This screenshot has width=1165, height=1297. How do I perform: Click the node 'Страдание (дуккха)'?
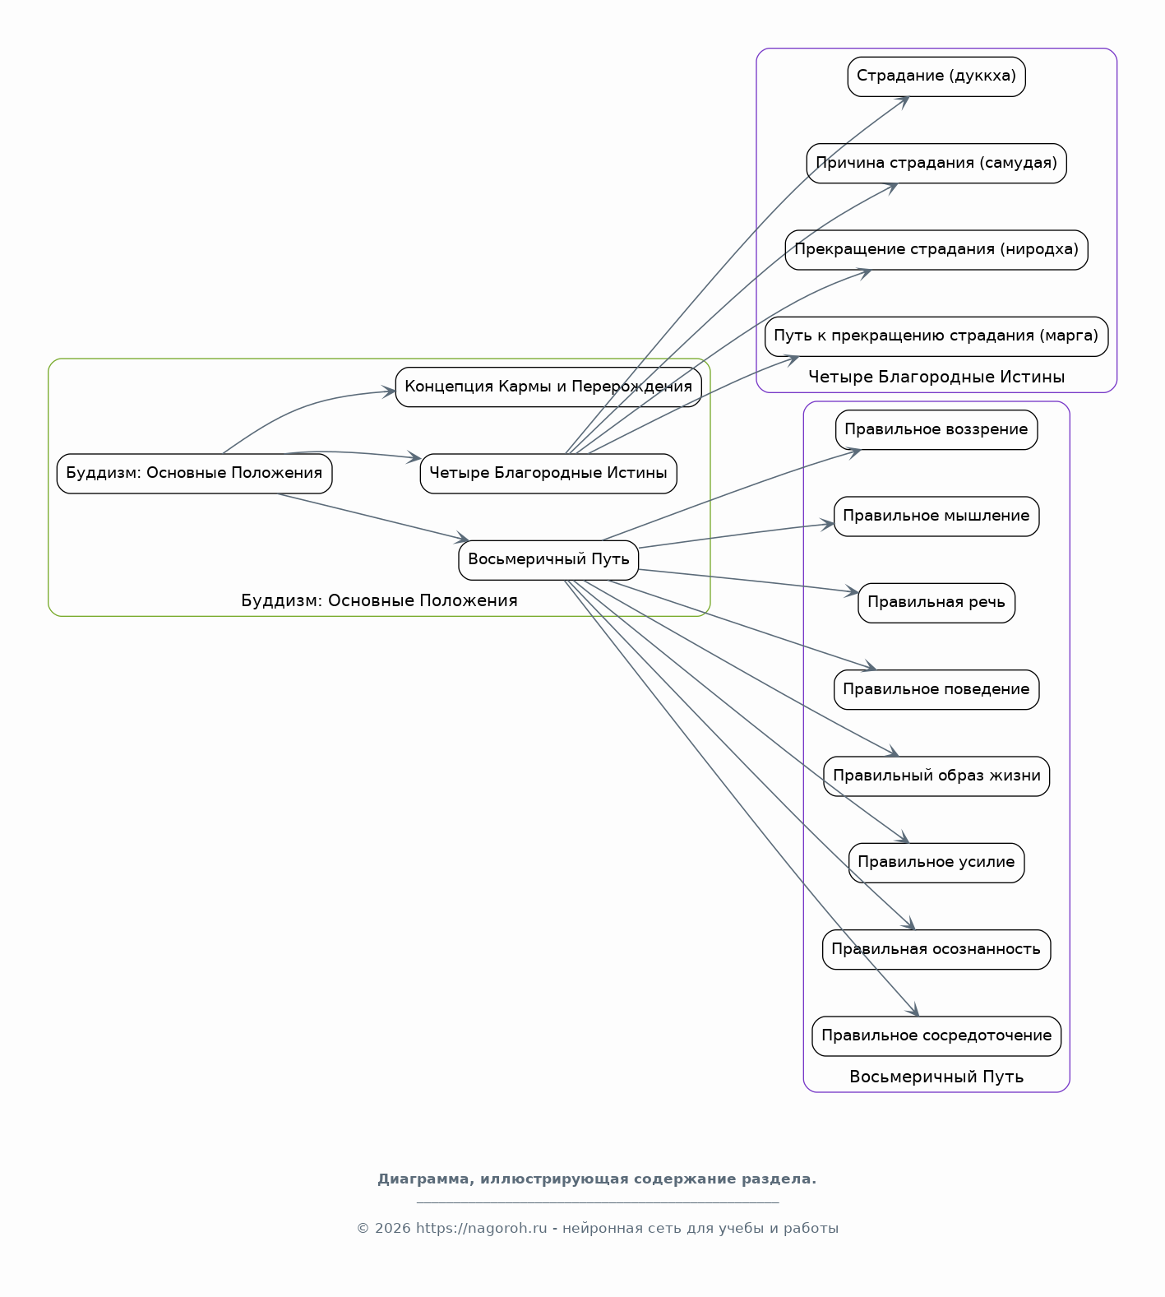(x=936, y=76)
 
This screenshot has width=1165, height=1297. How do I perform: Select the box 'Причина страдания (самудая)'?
(x=936, y=163)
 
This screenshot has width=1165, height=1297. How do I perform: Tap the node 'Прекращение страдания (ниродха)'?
(x=936, y=250)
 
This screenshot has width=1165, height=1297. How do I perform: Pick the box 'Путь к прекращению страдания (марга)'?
(x=936, y=336)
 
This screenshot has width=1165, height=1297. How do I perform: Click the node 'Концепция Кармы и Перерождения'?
(x=548, y=387)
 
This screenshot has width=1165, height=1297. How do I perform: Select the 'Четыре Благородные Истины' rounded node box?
(x=548, y=474)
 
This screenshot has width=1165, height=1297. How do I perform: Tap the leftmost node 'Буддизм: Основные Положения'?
(x=194, y=474)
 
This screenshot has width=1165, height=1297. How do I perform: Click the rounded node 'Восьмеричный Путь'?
(x=548, y=560)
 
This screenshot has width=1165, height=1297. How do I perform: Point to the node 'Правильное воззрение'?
(x=936, y=430)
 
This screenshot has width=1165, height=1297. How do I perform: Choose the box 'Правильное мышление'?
(x=936, y=516)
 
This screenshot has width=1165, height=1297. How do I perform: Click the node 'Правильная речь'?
(x=936, y=603)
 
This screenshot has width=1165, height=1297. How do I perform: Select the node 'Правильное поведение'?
(x=936, y=690)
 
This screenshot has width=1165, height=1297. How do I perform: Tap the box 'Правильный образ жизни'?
(x=936, y=776)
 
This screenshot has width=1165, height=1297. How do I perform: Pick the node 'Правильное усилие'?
(x=936, y=863)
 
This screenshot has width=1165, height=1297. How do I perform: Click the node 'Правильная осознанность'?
(x=936, y=950)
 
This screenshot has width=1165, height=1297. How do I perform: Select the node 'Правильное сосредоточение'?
(x=936, y=1036)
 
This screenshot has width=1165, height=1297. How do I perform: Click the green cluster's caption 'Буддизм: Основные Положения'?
(x=379, y=601)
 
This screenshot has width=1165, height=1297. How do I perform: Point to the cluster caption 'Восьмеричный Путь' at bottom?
(x=936, y=1077)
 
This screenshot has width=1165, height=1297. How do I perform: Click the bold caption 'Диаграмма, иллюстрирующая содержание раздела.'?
(x=597, y=1179)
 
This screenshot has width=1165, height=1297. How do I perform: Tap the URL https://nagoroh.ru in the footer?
(x=481, y=1229)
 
